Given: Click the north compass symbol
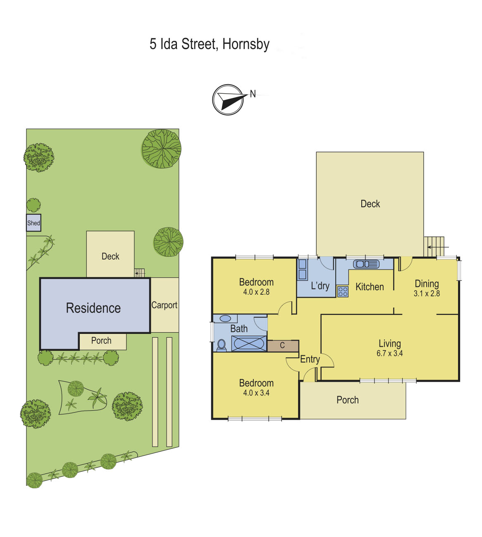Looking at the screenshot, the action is click(x=228, y=99).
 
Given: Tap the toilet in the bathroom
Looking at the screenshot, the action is click(x=221, y=345).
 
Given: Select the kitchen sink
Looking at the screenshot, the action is click(x=366, y=264).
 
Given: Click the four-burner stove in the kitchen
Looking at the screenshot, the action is click(x=343, y=291).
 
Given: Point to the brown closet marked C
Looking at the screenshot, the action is click(x=283, y=346).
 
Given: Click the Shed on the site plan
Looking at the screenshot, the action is click(x=33, y=222).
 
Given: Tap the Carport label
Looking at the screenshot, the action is click(x=164, y=305).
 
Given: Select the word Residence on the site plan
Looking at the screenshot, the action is click(x=93, y=308).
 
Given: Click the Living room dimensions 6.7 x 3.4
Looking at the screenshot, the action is click(x=389, y=353).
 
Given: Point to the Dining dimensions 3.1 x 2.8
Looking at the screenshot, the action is click(x=427, y=293).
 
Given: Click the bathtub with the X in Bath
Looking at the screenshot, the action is click(x=249, y=343).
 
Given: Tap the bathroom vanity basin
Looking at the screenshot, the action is click(x=225, y=318).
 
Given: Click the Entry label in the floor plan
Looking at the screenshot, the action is click(x=310, y=360).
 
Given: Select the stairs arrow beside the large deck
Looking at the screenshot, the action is click(x=438, y=247).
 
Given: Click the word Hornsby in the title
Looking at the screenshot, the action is click(x=246, y=44).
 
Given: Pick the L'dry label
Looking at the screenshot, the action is click(x=320, y=286).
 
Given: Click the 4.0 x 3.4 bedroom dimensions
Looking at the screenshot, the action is click(x=256, y=393).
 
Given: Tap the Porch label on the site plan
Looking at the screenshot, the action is click(x=101, y=341).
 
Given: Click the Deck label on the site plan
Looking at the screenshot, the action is click(x=110, y=256).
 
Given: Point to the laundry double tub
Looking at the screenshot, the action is click(x=302, y=269).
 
